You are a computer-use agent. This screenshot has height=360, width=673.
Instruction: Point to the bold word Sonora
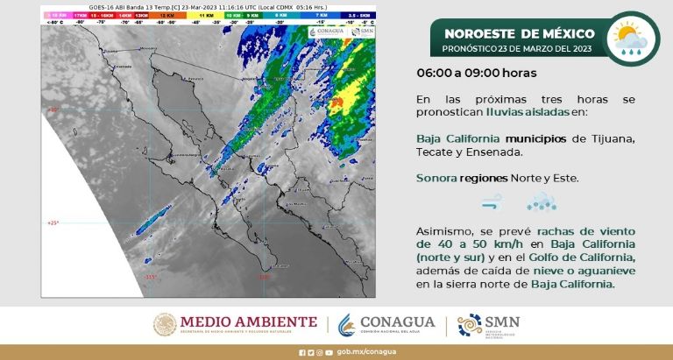(436, 178)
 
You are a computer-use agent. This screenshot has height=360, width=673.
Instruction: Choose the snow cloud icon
(537, 203)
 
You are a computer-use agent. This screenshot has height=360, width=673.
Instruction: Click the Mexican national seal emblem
(166, 324)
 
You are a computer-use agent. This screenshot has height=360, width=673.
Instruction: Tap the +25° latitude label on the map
(52, 223)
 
